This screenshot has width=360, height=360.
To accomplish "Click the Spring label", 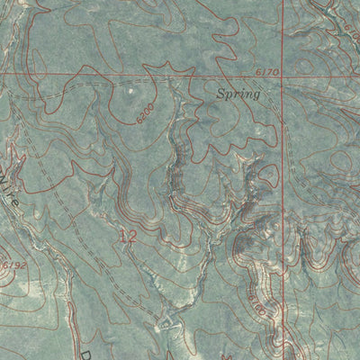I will tap(238, 93).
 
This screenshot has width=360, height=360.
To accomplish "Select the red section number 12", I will tap(128, 238).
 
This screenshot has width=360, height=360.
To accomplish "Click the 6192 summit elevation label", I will tap(13, 267).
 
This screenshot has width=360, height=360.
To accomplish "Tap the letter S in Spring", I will tap(220, 92).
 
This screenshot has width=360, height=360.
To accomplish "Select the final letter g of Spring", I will tap(256, 94).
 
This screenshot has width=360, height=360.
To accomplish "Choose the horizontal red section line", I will tap(135, 74).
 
